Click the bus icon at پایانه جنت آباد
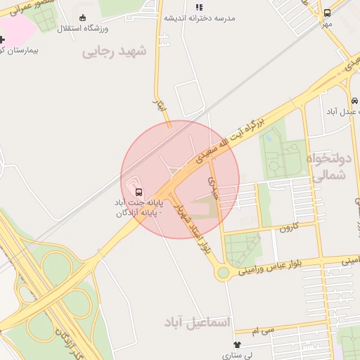pos(139,192)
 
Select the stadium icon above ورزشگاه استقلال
pos(84,18)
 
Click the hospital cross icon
pos(2,39)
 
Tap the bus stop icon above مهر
pos(327,13)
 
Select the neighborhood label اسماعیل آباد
pos(200,321)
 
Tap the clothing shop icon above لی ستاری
pos(237,345)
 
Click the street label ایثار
pos(159,106)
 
